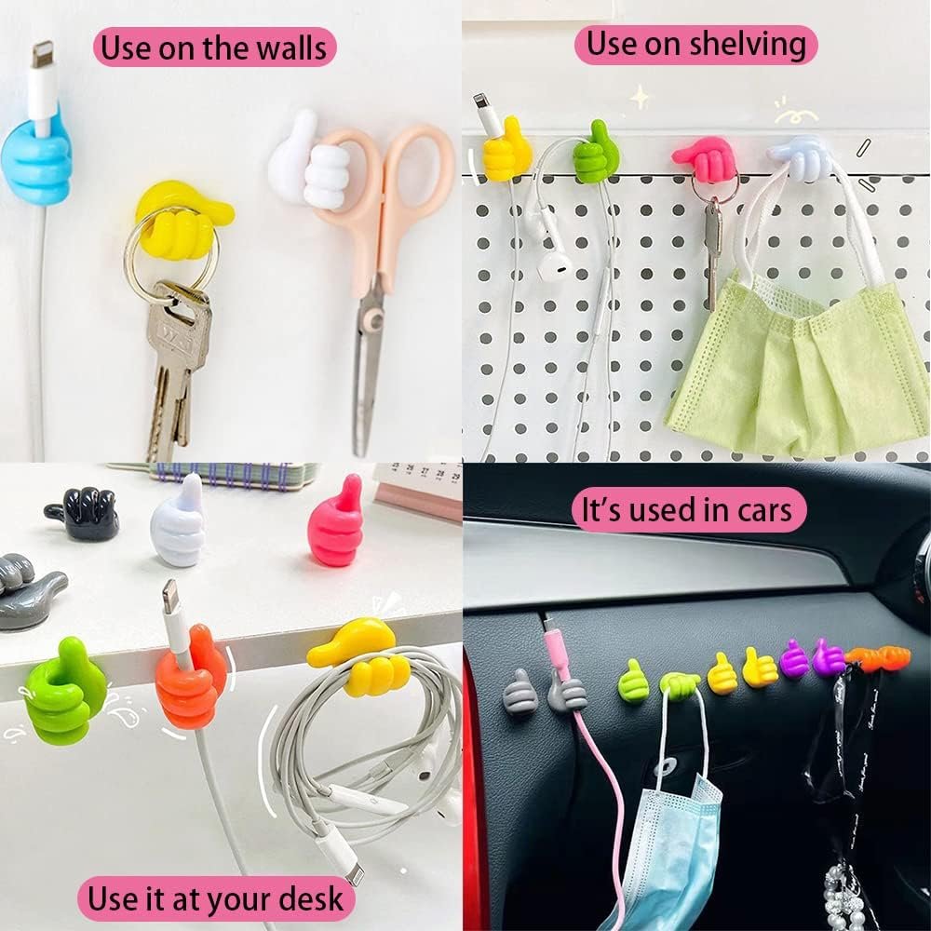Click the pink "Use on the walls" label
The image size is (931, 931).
(214, 47)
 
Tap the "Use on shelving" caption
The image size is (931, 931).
(695, 45)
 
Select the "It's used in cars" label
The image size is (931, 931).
(688, 510)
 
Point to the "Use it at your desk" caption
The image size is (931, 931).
(216, 898)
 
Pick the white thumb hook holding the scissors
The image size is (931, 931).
(309, 160)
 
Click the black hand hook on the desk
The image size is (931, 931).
(83, 512)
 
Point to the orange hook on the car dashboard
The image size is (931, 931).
(878, 656)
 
